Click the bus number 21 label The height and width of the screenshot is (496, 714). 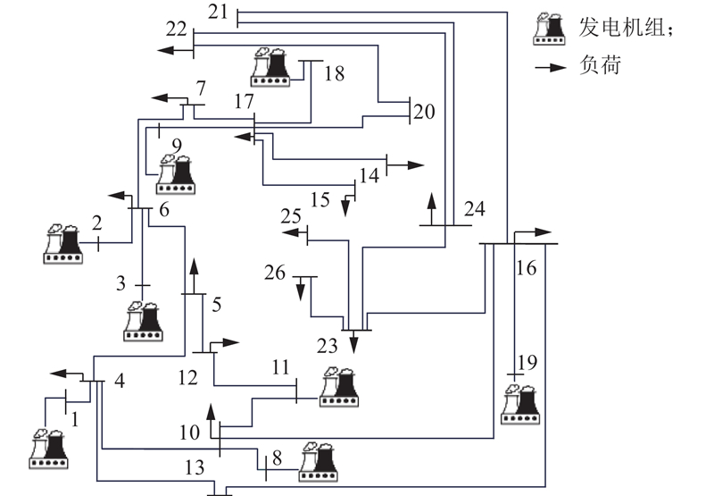[x=218, y=12]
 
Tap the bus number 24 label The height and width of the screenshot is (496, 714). [x=475, y=210]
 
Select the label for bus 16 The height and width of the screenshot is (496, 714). [x=527, y=267]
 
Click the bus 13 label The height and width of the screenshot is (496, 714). [x=195, y=467]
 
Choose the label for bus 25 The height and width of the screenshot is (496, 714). [x=291, y=217]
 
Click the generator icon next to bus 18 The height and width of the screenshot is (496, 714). [x=270, y=67]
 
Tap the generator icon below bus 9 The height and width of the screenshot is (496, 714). [x=176, y=175]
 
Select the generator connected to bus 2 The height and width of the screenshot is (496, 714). [x=63, y=244]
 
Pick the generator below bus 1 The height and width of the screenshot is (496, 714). [x=48, y=450]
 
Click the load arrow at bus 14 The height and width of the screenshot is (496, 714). [x=407, y=165]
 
